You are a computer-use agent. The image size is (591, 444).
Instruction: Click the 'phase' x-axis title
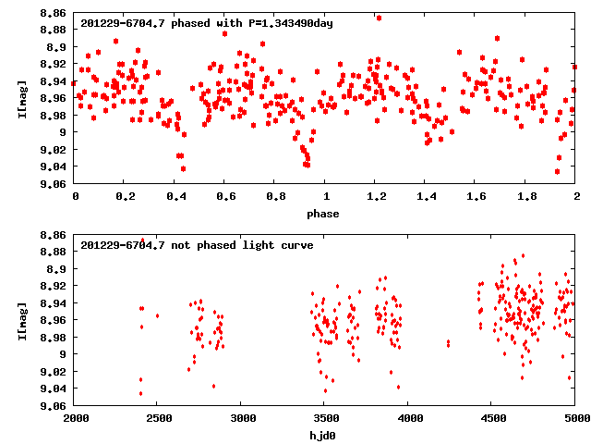click(324, 214)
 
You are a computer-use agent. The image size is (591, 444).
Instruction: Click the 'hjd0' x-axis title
click(324, 434)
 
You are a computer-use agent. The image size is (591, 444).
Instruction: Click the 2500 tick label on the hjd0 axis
click(157, 418)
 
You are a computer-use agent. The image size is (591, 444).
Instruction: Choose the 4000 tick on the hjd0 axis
click(407, 418)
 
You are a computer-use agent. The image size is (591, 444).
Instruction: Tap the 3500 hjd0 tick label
click(324, 418)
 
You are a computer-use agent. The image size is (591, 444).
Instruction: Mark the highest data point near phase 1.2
click(379, 18)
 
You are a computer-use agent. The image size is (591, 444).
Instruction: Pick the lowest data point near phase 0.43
click(183, 168)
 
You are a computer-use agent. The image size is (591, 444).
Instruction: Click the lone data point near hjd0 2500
click(157, 316)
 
